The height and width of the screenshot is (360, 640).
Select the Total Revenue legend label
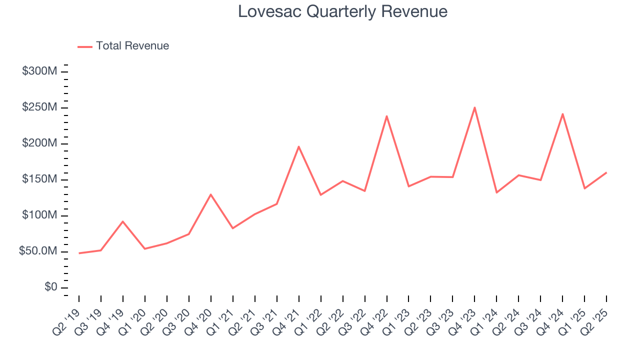132,46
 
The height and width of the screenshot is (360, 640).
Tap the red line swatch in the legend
85,46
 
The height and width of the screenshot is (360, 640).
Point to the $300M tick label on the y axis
39,71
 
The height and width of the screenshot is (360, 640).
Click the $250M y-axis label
39,107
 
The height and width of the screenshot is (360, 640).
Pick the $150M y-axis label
39,179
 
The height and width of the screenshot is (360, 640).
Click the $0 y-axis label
50,287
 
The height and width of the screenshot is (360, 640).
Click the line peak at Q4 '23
474,107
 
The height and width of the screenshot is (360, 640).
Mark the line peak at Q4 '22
386,116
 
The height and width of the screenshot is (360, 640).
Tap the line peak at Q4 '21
298,146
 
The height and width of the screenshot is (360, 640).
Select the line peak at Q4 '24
562,114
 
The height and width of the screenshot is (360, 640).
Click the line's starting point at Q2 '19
79,253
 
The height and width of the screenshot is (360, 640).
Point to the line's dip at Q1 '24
496,192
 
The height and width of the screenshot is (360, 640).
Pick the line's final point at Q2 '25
606,172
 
